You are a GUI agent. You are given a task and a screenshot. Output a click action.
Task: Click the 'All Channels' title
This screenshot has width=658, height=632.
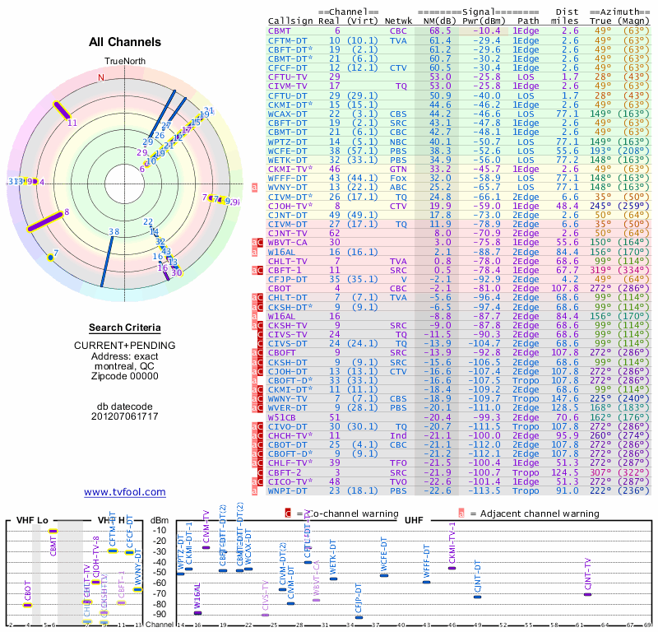124,42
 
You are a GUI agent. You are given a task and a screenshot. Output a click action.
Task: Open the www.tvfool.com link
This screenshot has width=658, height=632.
124,492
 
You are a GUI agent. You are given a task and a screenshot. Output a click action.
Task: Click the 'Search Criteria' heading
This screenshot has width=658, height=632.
124,328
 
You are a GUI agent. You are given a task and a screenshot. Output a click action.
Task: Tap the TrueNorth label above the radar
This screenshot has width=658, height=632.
124,62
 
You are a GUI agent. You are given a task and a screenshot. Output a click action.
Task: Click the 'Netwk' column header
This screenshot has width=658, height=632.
400,21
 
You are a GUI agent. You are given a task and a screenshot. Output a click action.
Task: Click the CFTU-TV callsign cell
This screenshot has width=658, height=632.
288,76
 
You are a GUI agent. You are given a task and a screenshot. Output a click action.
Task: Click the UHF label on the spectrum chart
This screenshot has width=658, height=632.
415,521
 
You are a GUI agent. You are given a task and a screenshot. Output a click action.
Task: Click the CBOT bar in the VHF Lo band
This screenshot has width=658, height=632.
28,605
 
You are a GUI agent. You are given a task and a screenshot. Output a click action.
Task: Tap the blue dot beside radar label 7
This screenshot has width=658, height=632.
50,258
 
